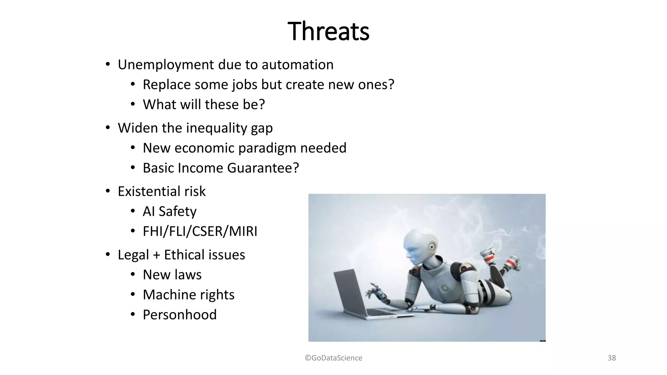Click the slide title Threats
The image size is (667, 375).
coord(328,31)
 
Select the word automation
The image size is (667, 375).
coord(297,65)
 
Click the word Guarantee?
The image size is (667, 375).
coord(263,168)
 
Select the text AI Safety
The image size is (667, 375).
coord(169,212)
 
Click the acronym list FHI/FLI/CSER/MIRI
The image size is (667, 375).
coord(200,231)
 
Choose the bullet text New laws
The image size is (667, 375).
coord(172,275)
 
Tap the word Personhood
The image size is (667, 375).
coord(179,315)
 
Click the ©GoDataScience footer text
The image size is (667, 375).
coord(333,358)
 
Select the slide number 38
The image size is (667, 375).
coord(612,358)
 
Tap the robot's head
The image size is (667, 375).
coord(420,247)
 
